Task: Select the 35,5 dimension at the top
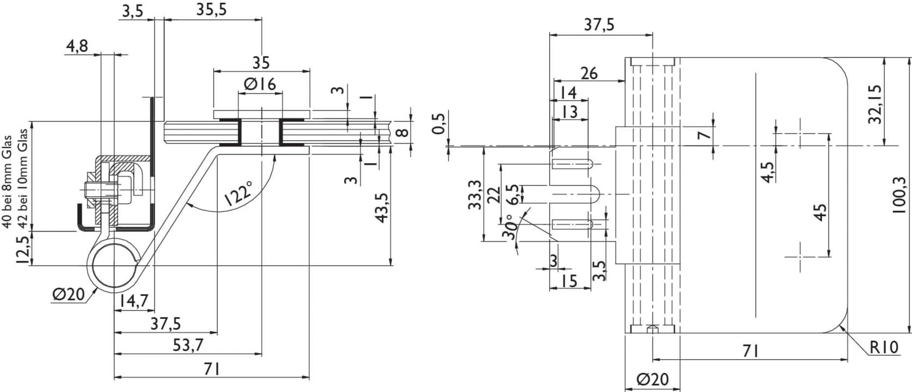click(x=211, y=9)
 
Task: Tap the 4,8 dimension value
click(x=77, y=47)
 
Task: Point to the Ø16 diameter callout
click(x=259, y=84)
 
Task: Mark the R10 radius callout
click(x=884, y=347)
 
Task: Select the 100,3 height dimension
click(x=900, y=195)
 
